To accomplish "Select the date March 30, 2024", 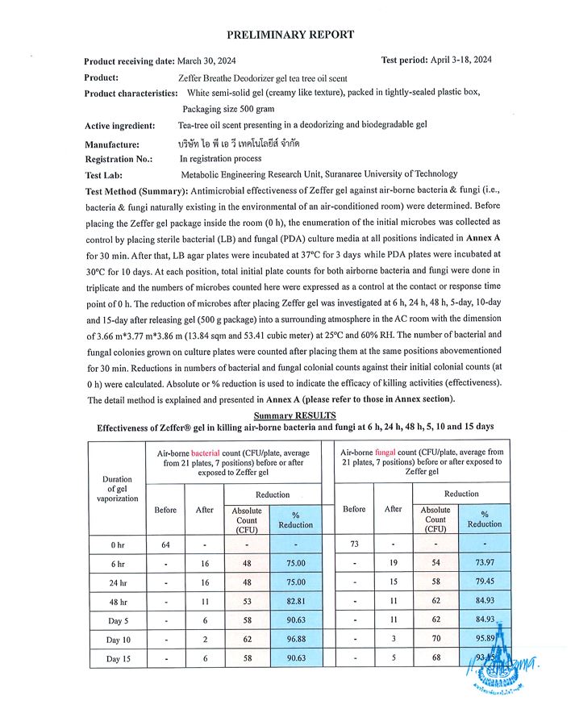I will click(207, 61).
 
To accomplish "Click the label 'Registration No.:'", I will click(119, 159).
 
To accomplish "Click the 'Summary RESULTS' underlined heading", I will click(294, 415).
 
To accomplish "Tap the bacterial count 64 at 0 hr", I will click(165, 544).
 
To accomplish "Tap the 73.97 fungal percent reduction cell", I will click(484, 564).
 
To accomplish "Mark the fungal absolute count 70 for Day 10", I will click(435, 640).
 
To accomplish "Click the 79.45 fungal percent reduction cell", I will click(484, 582).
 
